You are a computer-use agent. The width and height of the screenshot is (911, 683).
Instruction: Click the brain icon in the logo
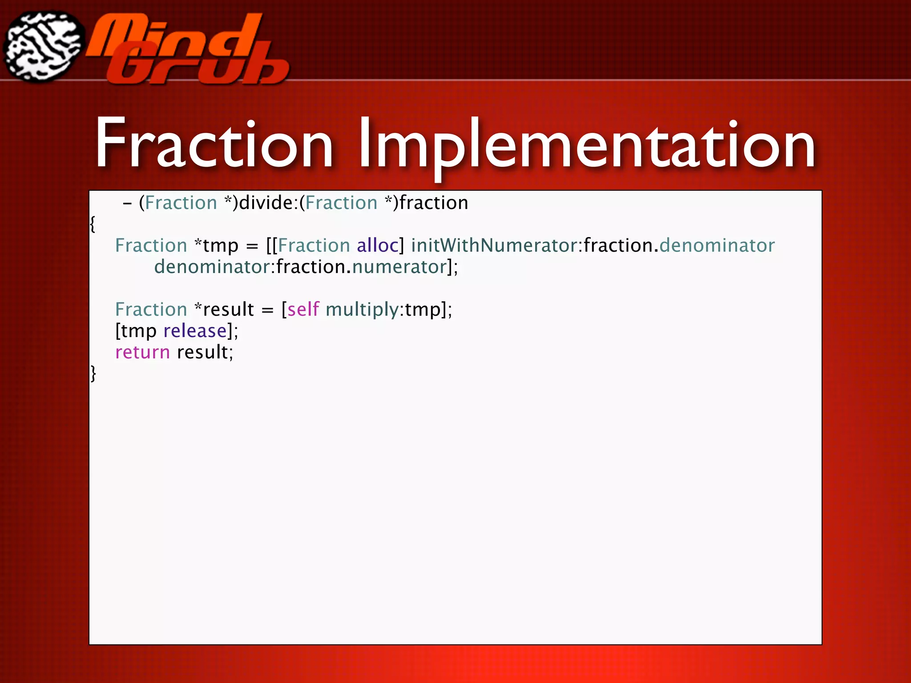(44, 47)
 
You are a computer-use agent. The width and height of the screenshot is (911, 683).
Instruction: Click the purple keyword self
(303, 309)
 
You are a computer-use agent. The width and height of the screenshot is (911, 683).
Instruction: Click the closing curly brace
(93, 374)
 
